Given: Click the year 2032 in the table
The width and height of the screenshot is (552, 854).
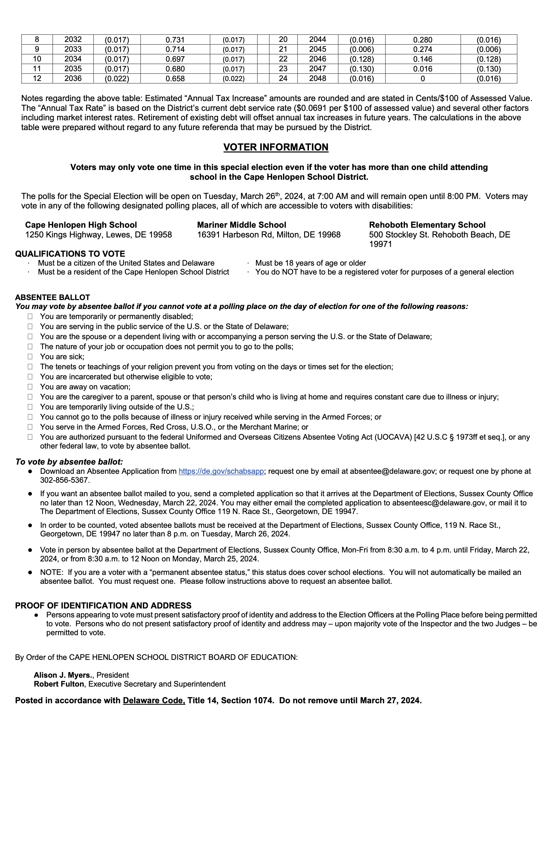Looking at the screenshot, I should [x=73, y=39].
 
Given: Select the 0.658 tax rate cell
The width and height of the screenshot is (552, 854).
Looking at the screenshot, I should [x=175, y=79].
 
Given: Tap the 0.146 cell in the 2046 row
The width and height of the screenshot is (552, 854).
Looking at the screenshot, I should [x=423, y=59].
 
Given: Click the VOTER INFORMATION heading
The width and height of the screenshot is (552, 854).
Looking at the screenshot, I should [x=276, y=147].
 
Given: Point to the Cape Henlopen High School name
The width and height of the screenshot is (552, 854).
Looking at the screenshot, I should [x=81, y=225].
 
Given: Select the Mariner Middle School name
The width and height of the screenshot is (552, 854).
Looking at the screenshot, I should [x=242, y=225].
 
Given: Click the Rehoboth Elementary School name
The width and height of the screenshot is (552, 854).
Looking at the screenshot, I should [x=427, y=225].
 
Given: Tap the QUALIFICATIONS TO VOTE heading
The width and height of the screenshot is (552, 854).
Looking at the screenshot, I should [x=70, y=254].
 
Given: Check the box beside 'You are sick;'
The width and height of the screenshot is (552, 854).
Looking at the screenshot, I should [x=30, y=357].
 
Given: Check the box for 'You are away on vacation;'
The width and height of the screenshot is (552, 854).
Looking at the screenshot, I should [x=30, y=387].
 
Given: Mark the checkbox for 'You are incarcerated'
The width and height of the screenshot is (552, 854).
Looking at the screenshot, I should [x=30, y=377].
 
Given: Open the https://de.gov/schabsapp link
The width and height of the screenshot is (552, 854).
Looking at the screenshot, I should [x=221, y=471].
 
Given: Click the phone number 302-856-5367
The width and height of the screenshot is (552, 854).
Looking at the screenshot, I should [x=65, y=480].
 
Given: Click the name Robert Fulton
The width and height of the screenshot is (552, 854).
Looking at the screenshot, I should [x=59, y=684].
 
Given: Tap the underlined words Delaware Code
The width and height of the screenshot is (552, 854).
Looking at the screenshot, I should [x=154, y=700].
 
